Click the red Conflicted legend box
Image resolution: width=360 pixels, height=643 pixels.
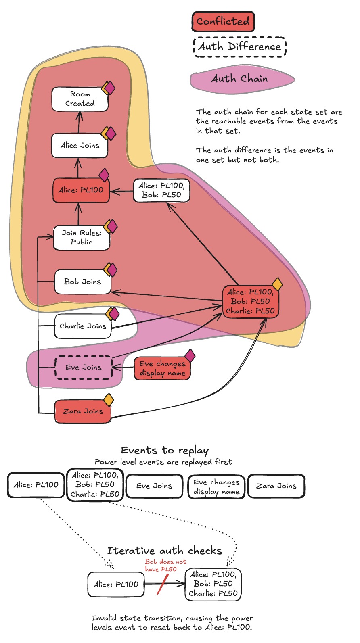tap(223, 21)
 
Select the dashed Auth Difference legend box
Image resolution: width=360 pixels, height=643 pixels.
tap(240, 47)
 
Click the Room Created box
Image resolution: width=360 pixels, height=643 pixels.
tap(80, 99)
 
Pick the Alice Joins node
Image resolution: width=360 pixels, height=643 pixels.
tap(80, 145)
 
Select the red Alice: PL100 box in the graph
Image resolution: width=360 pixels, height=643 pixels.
tap(81, 190)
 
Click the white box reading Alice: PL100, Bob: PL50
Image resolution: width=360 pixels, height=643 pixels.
tap(161, 190)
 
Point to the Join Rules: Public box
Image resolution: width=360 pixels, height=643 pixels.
tap(82, 238)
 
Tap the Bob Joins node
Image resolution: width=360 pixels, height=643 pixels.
tap(83, 282)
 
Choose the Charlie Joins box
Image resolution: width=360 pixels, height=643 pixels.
tap(83, 326)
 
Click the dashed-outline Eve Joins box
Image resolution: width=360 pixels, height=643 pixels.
tap(84, 367)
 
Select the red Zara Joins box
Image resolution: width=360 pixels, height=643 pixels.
tap(83, 411)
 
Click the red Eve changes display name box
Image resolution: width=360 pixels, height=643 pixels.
tap(162, 368)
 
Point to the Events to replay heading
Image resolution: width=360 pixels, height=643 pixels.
tap(165, 451)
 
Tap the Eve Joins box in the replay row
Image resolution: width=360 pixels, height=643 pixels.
tap(154, 486)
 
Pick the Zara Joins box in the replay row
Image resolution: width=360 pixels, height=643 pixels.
tap(276, 486)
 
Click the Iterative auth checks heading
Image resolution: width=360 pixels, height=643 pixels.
tap(165, 551)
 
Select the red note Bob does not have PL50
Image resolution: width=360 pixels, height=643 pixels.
tap(165, 566)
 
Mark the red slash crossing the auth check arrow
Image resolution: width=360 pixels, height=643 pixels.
tap(162, 585)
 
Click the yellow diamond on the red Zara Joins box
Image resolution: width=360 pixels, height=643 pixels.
tap(109, 400)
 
